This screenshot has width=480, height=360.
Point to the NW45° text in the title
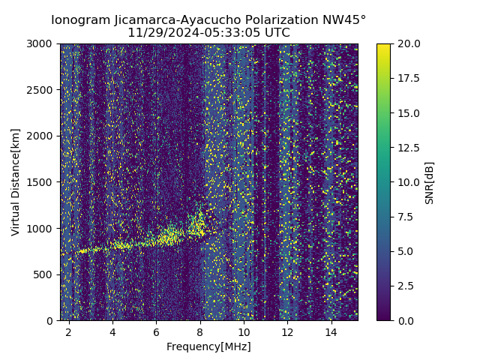point(347,20)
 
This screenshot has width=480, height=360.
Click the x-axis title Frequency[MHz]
point(208,346)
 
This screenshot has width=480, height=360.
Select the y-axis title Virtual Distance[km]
point(16,182)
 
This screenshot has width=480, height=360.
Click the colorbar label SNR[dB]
point(429,182)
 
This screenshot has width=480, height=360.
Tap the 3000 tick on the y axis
point(42,44)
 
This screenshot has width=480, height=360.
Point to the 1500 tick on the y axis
point(42,182)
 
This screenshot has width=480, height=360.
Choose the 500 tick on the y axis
point(45,274)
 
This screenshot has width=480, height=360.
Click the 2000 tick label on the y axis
point(42,136)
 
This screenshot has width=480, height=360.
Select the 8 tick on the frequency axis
point(200,331)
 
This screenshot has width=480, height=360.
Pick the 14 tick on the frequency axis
point(331,331)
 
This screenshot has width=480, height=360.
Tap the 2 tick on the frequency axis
point(69,331)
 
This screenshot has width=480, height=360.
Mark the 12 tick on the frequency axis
point(287,331)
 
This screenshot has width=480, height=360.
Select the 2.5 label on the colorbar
point(405,286)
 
